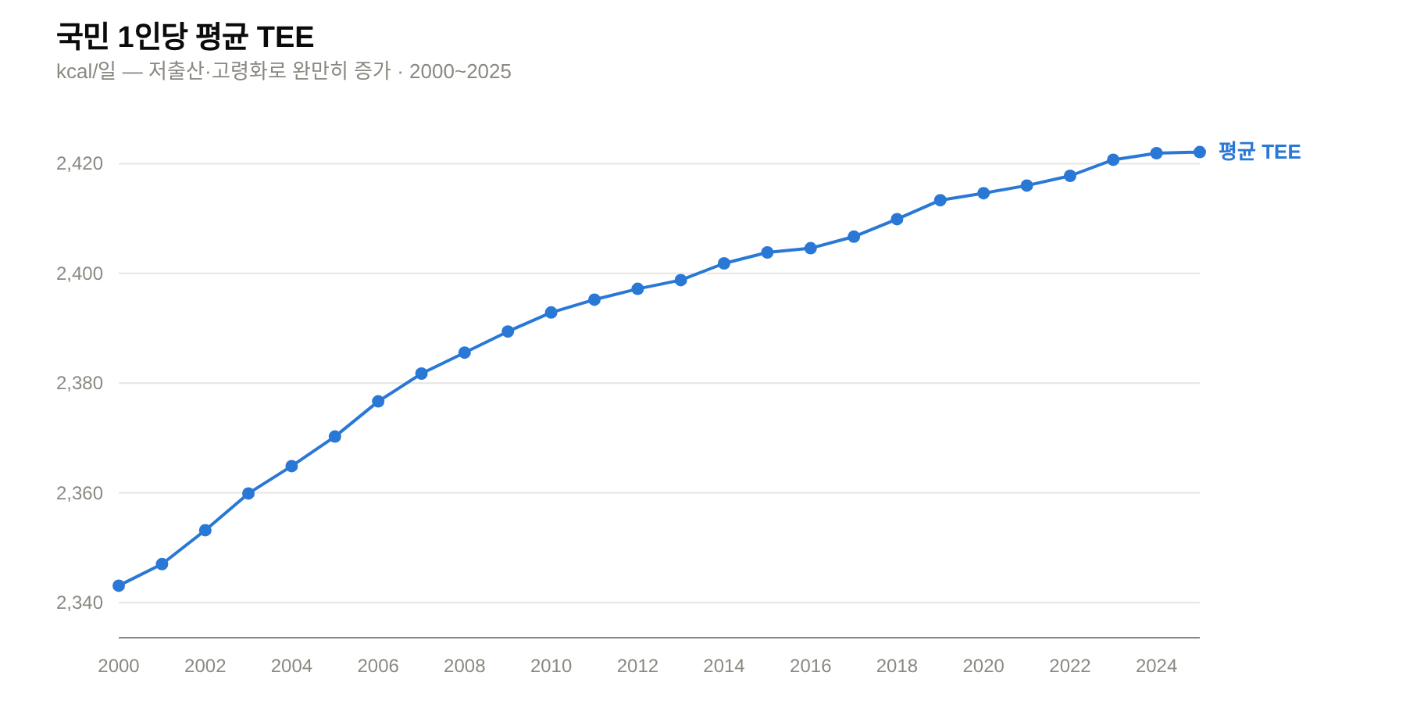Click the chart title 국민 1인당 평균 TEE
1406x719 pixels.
185,37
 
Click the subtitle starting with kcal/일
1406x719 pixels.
284,71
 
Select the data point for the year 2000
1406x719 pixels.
119,585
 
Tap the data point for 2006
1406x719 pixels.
378,401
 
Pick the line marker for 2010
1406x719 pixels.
551,313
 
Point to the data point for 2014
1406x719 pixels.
724,263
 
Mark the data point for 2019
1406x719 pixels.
940,200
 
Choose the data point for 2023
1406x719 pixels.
1113,159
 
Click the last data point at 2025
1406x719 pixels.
1200,152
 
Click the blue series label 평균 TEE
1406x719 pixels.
1260,152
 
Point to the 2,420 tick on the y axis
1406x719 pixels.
80,163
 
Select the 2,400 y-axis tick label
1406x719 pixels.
80,274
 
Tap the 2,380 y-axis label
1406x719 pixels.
80,383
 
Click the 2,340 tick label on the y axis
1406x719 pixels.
80,603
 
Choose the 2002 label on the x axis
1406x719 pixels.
205,666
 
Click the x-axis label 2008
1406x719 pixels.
465,666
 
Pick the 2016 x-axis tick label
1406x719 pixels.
811,666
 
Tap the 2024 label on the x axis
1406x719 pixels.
1156,666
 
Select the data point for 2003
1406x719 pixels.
248,494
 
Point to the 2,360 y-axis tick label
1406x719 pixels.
80,493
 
